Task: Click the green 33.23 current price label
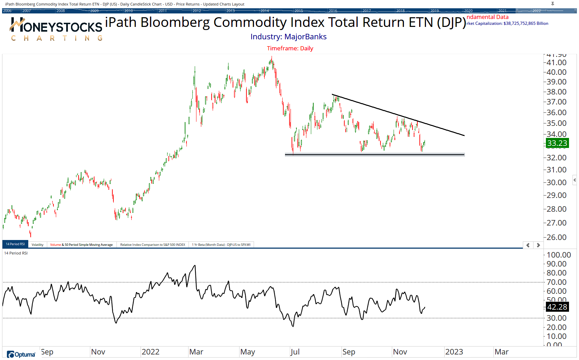click(557, 143)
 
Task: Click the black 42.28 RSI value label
click(557, 307)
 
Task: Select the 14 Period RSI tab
click(15, 244)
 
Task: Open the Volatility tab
click(38, 245)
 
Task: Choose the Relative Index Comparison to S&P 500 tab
click(152, 245)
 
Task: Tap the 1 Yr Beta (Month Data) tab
click(221, 245)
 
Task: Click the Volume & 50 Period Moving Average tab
click(81, 245)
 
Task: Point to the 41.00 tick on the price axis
click(557, 63)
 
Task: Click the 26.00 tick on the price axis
click(557, 237)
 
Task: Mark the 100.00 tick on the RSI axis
click(559, 255)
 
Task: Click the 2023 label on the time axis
click(454, 352)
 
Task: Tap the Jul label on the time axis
click(295, 352)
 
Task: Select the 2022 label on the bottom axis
click(151, 352)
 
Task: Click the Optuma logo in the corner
click(21, 354)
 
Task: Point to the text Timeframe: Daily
click(290, 48)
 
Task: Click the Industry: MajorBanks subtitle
click(288, 37)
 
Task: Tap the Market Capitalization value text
click(507, 23)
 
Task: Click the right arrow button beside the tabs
click(538, 245)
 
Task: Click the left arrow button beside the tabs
click(528, 245)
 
